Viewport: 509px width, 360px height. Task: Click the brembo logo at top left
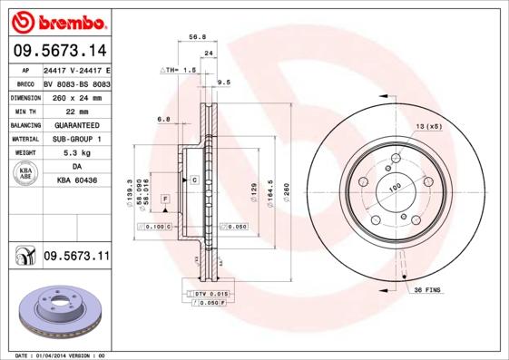pos(56,20)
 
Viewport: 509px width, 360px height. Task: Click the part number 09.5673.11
pos(76,258)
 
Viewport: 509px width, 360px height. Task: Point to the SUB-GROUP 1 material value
pos(75,139)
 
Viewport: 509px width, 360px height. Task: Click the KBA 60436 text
pos(75,181)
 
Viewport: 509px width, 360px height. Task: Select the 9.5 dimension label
pos(223,83)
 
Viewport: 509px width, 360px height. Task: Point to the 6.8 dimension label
pos(163,120)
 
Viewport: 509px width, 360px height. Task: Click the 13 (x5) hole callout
pos(427,125)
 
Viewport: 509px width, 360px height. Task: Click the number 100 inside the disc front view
pos(396,187)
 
